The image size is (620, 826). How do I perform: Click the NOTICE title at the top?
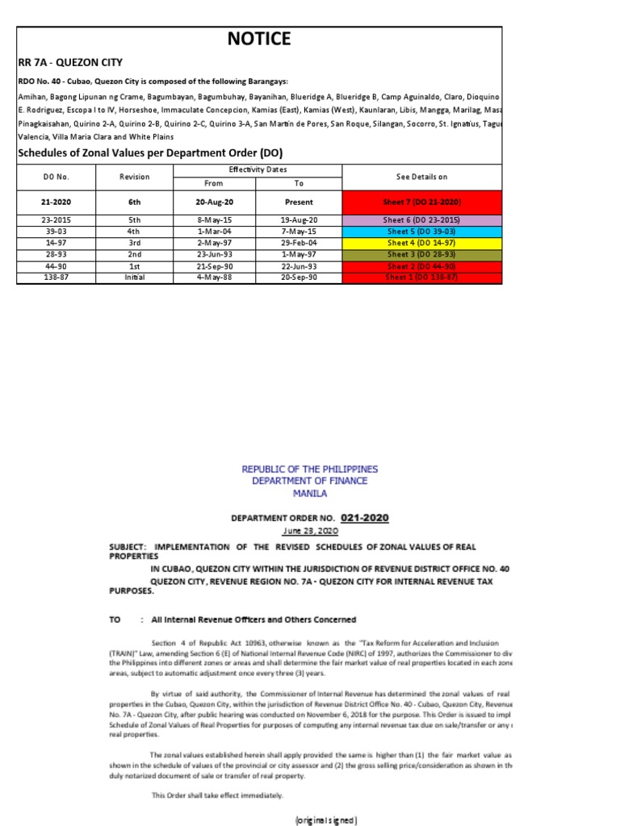[259, 39]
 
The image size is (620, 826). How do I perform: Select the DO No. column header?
[56, 176]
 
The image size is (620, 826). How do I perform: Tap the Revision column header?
[134, 176]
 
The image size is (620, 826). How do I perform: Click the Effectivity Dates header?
[258, 169]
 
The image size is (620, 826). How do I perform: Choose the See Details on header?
[421, 176]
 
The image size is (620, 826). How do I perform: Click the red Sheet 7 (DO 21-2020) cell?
[421, 202]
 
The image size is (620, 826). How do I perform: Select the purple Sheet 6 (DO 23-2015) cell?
[421, 219]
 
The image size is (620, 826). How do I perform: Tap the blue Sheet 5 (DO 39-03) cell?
[421, 231]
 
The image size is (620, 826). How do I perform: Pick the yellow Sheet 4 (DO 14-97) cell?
[421, 243]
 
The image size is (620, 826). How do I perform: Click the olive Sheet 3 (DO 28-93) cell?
[421, 254]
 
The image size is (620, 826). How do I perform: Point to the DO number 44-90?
[56, 265]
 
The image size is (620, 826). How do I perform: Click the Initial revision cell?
[134, 277]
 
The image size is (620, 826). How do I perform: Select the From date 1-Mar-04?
[214, 231]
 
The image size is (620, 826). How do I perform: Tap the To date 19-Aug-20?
[299, 219]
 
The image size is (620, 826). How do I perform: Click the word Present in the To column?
[299, 202]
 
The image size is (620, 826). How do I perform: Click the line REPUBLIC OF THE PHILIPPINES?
[309, 469]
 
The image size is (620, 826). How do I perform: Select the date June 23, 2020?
[309, 531]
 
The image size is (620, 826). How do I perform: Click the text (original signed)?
[325, 820]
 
